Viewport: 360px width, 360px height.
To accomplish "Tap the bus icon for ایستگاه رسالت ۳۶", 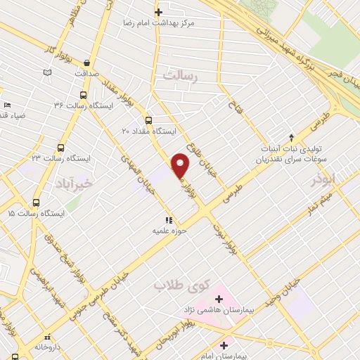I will coord(84,95).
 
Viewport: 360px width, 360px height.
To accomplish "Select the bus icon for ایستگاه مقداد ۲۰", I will coord(148,120).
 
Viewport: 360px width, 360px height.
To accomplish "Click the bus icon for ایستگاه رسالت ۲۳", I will coord(60,148).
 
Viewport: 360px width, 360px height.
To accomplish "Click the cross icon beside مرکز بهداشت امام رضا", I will coord(159,12).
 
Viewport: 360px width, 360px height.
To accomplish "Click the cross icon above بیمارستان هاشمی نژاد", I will coord(219,299).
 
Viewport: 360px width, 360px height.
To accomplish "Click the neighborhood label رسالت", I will coord(181,75).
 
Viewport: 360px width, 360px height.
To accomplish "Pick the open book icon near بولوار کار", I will coord(47,72).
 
